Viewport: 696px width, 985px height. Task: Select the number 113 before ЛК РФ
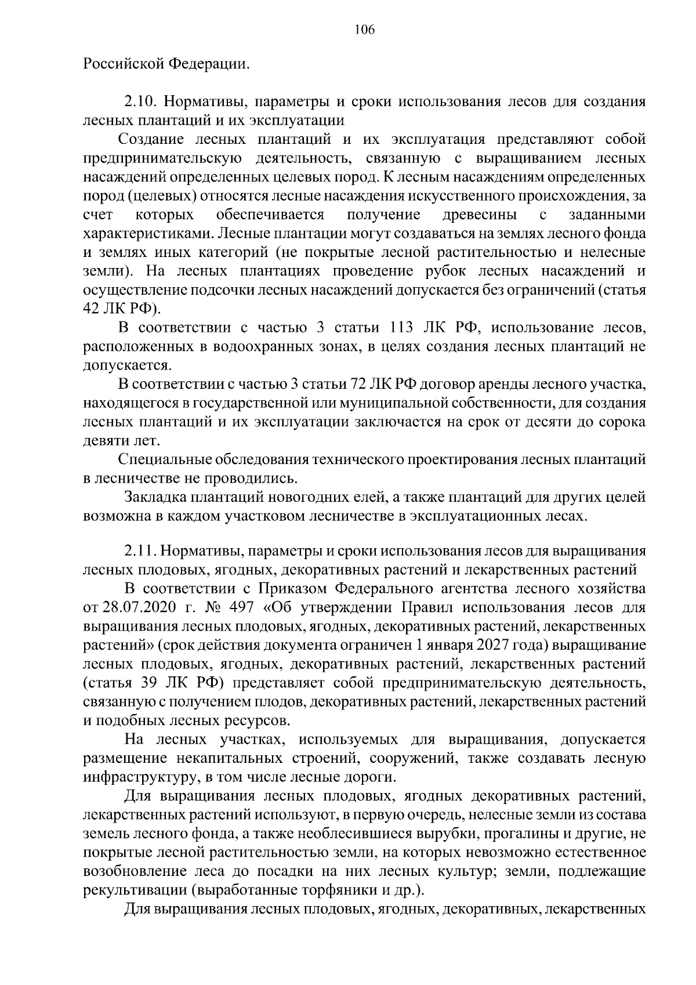pyautogui.click(x=396, y=328)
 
